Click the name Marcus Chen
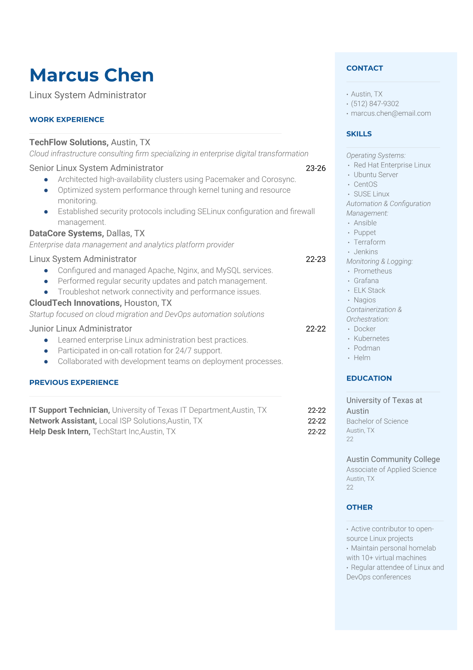point(91,75)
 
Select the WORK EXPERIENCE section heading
point(67,119)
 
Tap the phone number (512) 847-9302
point(375,104)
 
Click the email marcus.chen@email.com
point(391,113)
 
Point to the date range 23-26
point(316,168)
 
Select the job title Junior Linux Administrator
point(81,328)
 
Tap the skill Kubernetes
point(371,338)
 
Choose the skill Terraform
point(369,242)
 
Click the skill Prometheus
point(372,271)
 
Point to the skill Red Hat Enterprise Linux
point(392,165)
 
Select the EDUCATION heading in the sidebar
point(369,378)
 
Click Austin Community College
point(393,459)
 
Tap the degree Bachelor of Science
point(377,421)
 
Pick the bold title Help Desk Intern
point(60,432)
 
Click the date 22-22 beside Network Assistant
point(317,421)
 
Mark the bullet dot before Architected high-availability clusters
point(46,180)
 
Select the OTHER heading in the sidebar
point(359,507)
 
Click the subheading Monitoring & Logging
point(380,261)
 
